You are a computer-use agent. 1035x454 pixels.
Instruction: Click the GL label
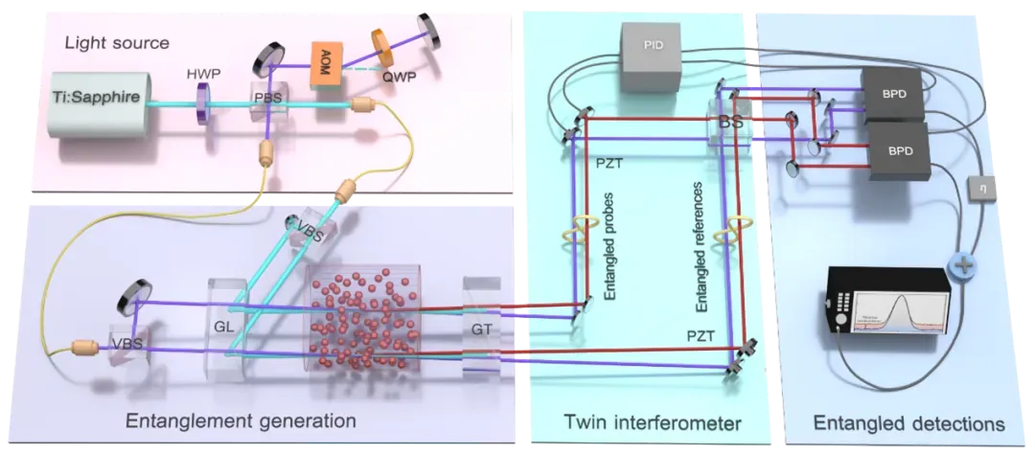coord(225,323)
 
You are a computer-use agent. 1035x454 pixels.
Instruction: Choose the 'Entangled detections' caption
coord(908,420)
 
